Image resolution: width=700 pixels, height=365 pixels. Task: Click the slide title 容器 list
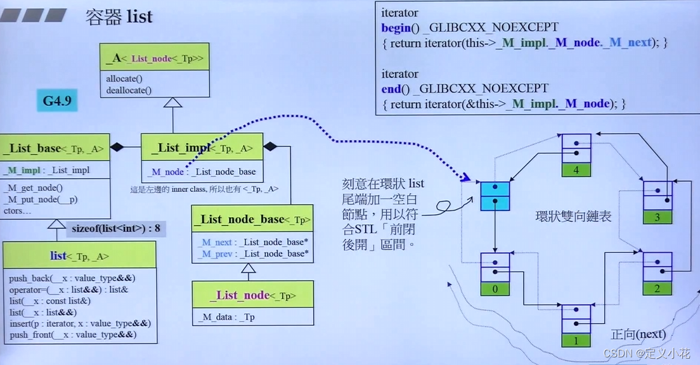(119, 16)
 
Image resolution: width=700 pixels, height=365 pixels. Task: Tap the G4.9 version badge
(57, 101)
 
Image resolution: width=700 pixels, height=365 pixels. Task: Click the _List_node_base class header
(252, 219)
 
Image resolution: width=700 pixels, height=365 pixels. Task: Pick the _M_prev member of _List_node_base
(253, 253)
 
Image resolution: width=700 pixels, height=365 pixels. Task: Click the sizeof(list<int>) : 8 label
(116, 229)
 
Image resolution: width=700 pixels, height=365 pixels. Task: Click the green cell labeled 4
(576, 170)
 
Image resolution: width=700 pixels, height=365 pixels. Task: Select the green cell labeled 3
(658, 217)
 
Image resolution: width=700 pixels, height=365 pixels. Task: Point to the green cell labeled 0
(495, 289)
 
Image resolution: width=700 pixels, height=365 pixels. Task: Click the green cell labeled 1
(576, 340)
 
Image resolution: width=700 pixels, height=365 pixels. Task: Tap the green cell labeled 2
(657, 289)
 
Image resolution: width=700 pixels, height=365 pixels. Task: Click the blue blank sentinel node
(495, 196)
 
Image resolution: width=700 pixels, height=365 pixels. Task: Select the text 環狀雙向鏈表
(573, 217)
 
